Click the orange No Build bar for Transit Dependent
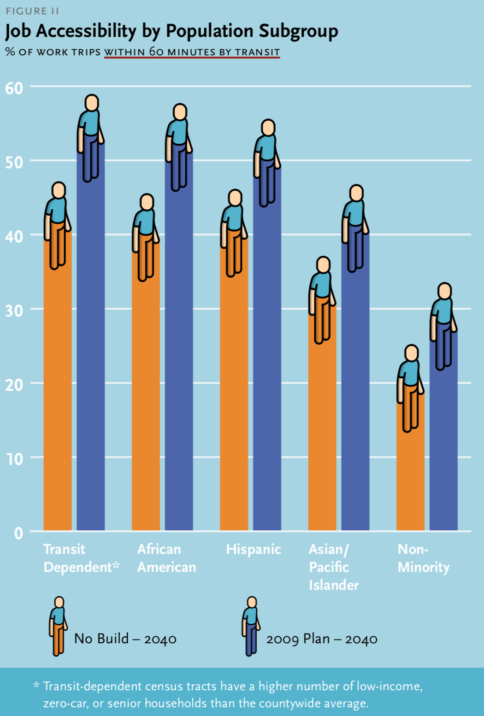[58, 392]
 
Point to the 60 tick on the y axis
[14, 88]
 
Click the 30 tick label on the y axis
[14, 311]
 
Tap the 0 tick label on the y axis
[18, 533]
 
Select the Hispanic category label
[254, 549]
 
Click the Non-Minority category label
[423, 558]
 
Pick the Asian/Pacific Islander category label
[333, 567]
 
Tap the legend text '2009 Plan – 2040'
[322, 639]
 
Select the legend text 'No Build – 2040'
[125, 639]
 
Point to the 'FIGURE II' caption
[32, 11]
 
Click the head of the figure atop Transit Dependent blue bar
[92, 103]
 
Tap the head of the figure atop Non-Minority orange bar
[412, 353]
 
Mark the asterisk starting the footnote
[36, 686]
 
